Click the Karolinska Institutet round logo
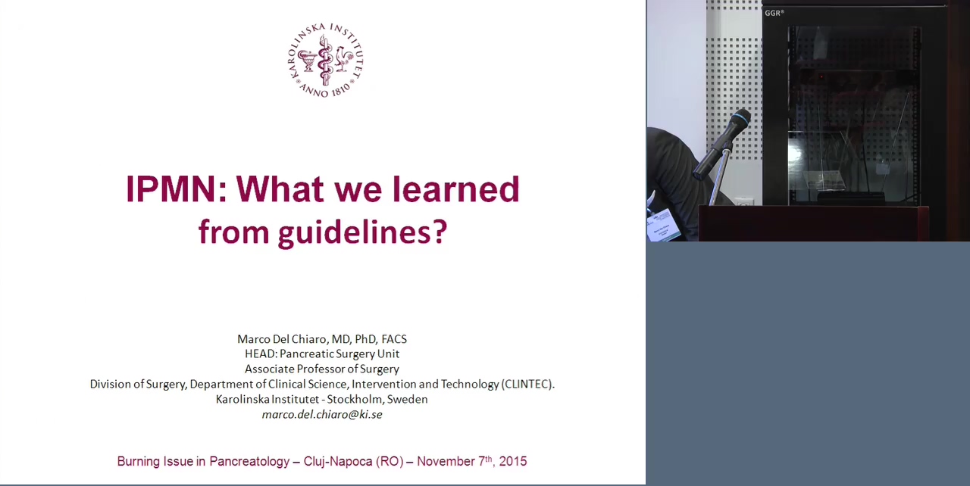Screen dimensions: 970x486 pyautogui.click(x=326, y=60)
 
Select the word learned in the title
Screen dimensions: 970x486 pyautogui.click(x=455, y=189)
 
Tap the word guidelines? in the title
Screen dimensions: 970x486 pyautogui.click(x=362, y=233)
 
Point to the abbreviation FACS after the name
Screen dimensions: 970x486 pyautogui.click(x=394, y=339)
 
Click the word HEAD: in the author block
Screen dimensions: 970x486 pyautogui.click(x=261, y=354)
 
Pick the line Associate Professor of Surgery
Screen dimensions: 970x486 pyautogui.click(x=322, y=369)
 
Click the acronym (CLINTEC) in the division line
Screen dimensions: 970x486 pyautogui.click(x=527, y=384)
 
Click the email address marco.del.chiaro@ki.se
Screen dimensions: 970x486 pyautogui.click(x=322, y=415)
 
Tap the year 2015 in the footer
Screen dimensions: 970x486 pyautogui.click(x=513, y=461)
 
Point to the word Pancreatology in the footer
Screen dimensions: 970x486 pyautogui.click(x=249, y=462)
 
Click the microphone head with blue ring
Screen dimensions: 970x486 pyautogui.click(x=740, y=119)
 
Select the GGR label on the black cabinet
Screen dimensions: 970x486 pyautogui.click(x=774, y=13)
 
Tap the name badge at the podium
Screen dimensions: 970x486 pyautogui.click(x=663, y=224)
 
